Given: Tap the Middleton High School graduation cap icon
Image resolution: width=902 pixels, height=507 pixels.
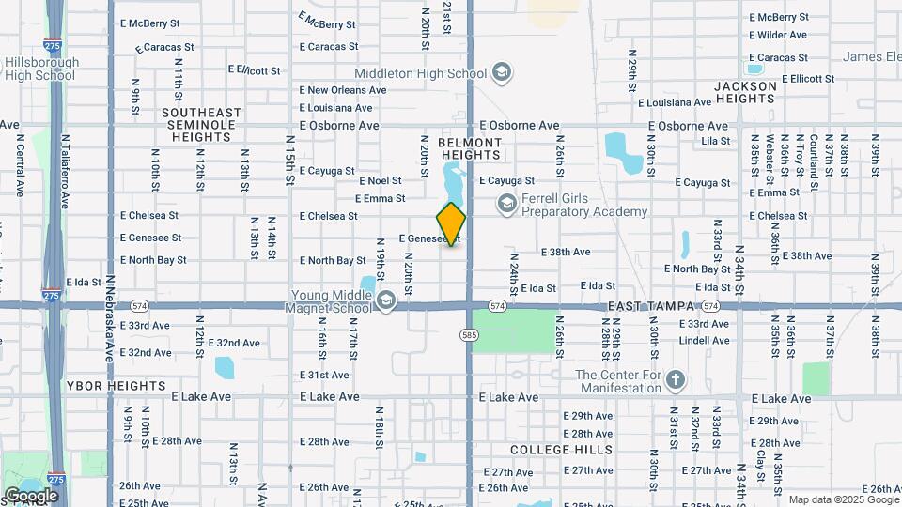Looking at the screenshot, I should [502, 73].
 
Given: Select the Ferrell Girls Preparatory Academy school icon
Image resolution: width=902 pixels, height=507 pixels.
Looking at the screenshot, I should [506, 204].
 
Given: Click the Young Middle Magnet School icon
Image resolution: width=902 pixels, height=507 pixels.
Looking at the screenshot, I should [386, 301].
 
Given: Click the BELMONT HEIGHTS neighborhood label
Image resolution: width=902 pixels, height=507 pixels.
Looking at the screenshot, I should [470, 148].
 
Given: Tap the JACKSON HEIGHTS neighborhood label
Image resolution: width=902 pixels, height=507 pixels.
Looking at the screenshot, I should [745, 92].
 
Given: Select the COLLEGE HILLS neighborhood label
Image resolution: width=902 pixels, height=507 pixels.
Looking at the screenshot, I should [562, 450].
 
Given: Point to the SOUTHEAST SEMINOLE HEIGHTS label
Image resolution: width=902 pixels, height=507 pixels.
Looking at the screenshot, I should [201, 124].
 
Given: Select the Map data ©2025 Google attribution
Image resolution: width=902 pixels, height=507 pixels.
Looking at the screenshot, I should [843, 499].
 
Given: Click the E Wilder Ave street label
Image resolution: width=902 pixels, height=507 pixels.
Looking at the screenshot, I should [777, 36].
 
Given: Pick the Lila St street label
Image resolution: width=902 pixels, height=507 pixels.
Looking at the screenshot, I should [715, 141].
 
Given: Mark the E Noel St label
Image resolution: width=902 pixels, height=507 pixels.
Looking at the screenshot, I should [380, 180].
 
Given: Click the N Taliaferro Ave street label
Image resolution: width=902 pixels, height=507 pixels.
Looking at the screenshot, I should [66, 171].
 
